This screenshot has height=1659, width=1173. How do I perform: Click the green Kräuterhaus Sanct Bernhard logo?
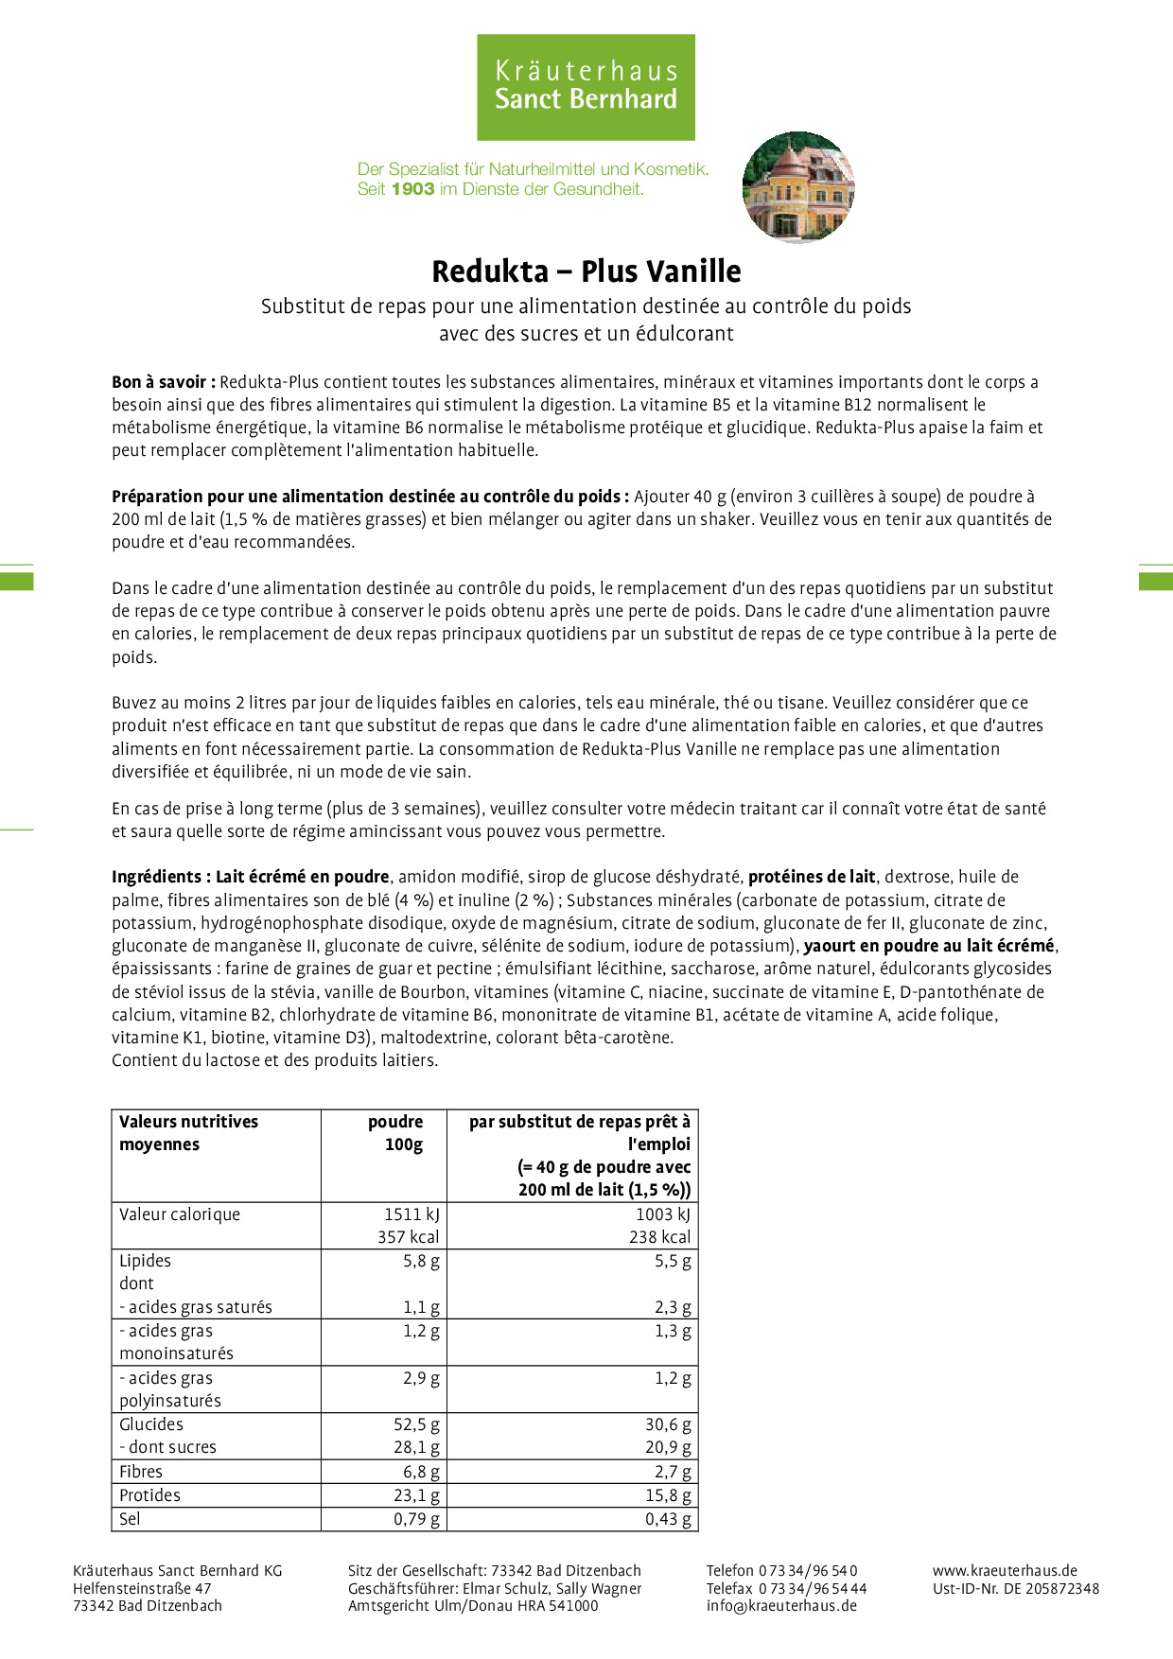586,87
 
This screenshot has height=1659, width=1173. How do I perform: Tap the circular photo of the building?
798,187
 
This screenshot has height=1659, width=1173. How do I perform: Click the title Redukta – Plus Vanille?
586,271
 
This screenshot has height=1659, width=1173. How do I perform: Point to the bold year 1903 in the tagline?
412,189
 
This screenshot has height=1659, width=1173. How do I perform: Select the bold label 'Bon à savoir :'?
164,382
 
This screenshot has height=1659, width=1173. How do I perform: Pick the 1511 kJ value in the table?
411,1214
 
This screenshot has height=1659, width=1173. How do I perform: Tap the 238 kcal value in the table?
659,1237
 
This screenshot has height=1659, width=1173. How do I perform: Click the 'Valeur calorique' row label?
180,1214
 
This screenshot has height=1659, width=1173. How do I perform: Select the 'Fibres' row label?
141,1472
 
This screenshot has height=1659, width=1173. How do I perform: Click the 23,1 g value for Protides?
417,1495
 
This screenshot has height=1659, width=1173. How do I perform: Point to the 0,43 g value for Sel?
668,1519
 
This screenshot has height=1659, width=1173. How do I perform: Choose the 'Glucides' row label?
151,1424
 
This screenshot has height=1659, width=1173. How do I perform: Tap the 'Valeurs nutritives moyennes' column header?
188,1133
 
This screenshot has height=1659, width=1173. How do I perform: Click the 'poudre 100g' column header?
397,1133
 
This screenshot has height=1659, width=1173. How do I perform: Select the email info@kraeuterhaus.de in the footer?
781,1605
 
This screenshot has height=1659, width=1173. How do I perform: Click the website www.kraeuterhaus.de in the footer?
1005,1571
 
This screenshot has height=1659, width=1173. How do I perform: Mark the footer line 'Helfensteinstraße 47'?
142,1589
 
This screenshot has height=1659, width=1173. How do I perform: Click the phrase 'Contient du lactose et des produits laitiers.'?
274,1060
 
